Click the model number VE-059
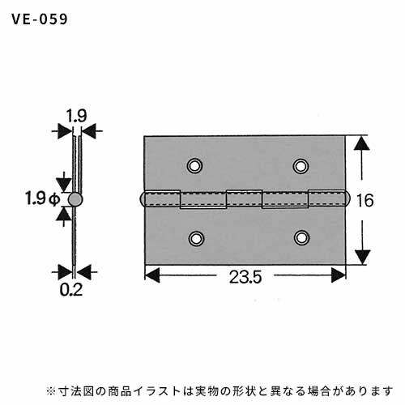[x=40, y=19]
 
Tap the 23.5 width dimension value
[x=245, y=277]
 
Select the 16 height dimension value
[x=365, y=200]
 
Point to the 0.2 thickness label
[x=70, y=290]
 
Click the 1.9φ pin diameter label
[x=43, y=198]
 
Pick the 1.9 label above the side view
[x=77, y=116]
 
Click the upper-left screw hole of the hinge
[x=194, y=165]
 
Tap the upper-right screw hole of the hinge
[x=301, y=166]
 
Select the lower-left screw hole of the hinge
[x=196, y=238]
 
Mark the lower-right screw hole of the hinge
[x=301, y=238]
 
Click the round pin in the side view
[x=75, y=199]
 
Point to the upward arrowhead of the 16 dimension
[x=362, y=143]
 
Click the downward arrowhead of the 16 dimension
[x=362, y=257]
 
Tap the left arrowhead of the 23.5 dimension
[x=152, y=275]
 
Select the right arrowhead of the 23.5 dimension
[x=339, y=275]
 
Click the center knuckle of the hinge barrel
[x=245, y=198]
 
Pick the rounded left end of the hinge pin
[x=143, y=199]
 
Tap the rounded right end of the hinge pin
[x=347, y=199]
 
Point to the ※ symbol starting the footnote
[x=51, y=391]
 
